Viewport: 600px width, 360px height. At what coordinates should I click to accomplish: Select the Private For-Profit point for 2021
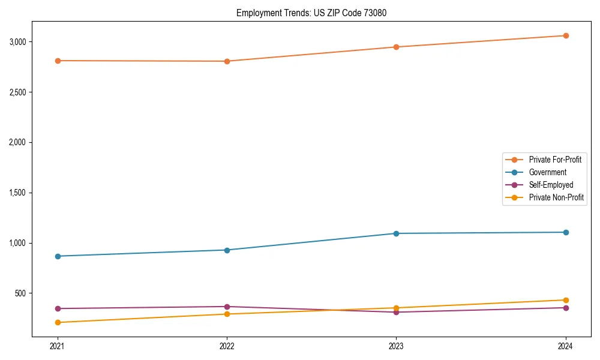(x=58, y=61)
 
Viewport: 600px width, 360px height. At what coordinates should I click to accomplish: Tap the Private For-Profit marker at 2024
(x=566, y=36)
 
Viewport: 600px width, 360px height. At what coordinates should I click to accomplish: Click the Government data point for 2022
(x=227, y=250)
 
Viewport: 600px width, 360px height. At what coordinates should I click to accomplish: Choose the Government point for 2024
(x=566, y=232)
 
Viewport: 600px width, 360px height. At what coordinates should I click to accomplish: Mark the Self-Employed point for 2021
(x=58, y=308)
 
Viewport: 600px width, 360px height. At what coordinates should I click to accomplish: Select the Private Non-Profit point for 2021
(x=58, y=323)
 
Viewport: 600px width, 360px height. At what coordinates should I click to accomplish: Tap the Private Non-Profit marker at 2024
(x=566, y=300)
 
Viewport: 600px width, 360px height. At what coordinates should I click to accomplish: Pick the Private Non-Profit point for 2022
(x=227, y=314)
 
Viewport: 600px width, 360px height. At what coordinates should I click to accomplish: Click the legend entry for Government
(x=547, y=172)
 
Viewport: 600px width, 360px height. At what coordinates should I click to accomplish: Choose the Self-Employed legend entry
(x=551, y=185)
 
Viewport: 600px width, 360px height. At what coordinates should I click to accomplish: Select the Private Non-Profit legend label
(x=556, y=197)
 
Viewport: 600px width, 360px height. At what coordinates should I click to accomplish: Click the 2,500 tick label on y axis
(x=22, y=92)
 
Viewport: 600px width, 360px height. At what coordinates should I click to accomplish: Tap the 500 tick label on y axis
(x=25, y=293)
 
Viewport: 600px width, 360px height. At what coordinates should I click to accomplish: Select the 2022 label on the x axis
(x=227, y=346)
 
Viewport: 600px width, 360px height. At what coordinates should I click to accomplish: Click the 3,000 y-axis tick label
(x=22, y=42)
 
